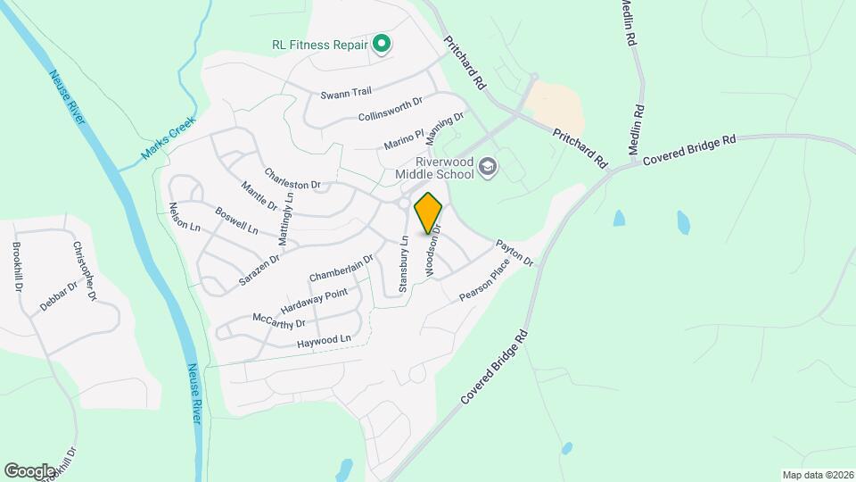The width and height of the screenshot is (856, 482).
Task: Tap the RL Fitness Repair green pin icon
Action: click(382, 43)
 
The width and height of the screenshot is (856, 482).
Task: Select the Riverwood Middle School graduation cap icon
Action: click(487, 166)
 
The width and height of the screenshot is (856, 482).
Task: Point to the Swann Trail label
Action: click(345, 92)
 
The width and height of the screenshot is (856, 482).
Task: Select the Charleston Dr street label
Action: click(292, 179)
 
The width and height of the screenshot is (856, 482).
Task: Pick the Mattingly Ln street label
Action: click(285, 217)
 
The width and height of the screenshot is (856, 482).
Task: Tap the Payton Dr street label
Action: click(514, 253)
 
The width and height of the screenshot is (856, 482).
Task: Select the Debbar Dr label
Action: click(60, 295)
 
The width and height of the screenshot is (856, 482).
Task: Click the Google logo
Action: click(29, 470)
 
